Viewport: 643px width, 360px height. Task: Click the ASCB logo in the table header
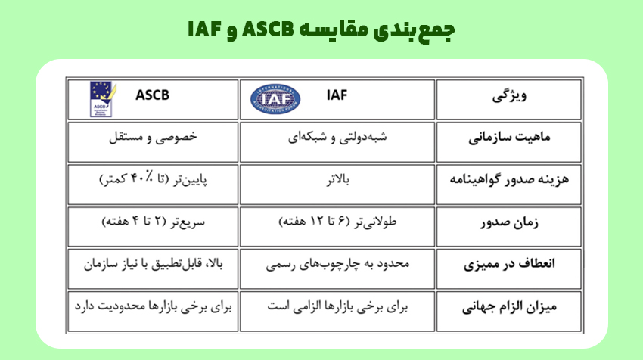100,98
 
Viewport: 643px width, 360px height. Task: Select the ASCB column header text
152,97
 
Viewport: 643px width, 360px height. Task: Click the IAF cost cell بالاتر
337,182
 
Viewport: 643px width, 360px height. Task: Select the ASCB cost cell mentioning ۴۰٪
154,182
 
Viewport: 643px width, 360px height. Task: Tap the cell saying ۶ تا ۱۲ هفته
338,224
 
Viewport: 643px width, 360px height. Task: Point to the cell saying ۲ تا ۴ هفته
154,224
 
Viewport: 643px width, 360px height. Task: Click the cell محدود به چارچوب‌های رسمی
338,265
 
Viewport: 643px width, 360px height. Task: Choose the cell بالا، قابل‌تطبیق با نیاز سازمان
154,265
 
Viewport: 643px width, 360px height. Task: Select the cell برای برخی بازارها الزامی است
338,308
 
